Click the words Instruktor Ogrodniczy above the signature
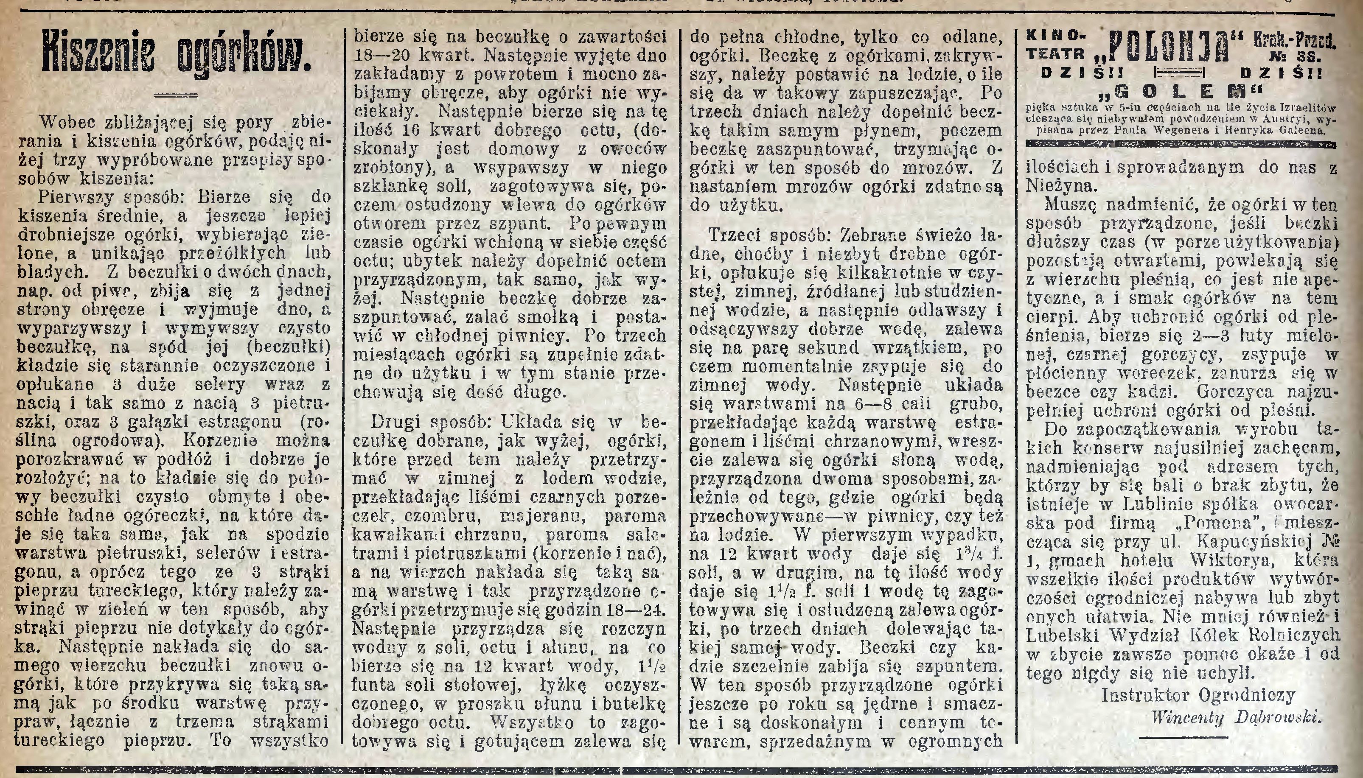pyautogui.click(x=1198, y=695)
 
